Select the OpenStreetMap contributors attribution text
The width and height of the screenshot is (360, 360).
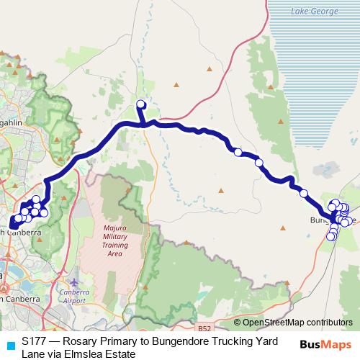297,323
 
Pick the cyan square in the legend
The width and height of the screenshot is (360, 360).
10,344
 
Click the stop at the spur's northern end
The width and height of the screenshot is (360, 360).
140,104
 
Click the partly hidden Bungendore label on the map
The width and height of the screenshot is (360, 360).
320,219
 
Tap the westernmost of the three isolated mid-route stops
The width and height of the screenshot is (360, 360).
238,152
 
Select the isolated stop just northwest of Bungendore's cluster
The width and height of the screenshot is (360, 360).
304,193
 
